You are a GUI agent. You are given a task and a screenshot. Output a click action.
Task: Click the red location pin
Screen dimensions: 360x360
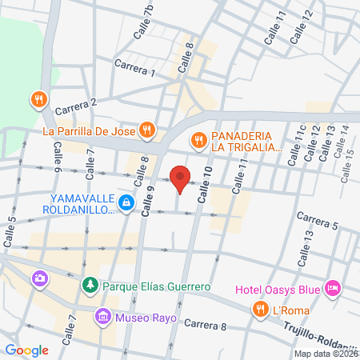tap(181, 178)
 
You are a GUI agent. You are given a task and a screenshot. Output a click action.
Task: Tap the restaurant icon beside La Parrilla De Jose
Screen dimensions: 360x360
tap(146, 129)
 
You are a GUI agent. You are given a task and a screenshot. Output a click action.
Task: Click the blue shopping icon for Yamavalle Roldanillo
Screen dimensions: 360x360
tap(126, 204)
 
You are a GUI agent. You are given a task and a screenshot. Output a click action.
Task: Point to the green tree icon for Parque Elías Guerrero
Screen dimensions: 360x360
tap(90, 286)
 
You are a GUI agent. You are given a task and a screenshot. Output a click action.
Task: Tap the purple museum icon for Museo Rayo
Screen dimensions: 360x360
tap(102, 317)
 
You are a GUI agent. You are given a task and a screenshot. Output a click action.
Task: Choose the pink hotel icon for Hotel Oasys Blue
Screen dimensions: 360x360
tap(334, 286)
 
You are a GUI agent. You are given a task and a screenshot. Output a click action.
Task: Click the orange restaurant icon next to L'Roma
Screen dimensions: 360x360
tap(260, 309)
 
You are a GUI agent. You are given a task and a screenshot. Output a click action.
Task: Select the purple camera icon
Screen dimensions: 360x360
tap(38, 278)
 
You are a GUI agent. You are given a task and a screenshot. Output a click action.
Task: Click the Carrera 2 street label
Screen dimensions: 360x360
tap(77, 102)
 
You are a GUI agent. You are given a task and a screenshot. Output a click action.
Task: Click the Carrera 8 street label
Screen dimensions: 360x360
tap(206, 326)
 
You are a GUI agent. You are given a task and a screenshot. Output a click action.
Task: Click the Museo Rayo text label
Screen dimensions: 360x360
tap(141, 317)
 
